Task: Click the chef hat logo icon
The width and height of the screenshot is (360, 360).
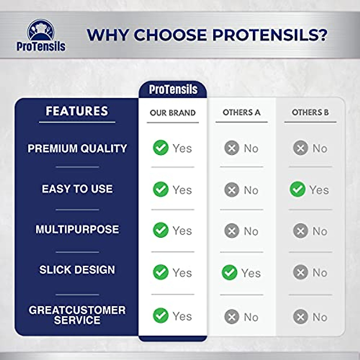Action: (x=41, y=30)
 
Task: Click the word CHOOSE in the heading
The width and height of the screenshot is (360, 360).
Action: (x=170, y=34)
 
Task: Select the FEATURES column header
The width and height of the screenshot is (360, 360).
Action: (x=77, y=111)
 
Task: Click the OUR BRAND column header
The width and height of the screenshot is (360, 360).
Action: (x=172, y=113)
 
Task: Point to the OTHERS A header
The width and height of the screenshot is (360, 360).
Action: (x=241, y=112)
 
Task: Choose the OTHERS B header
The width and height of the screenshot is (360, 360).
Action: (x=310, y=112)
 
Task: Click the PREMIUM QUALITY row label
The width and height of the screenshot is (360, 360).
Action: (x=77, y=148)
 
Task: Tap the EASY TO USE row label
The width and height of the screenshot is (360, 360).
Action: (x=77, y=189)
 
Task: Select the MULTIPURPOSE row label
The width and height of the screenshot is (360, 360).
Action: (x=77, y=229)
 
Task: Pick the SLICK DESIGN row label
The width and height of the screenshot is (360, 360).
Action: (x=77, y=270)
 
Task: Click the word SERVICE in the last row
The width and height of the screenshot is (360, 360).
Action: (x=77, y=320)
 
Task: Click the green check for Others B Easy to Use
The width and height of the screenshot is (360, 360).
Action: (x=298, y=189)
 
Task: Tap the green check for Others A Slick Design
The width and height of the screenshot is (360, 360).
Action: (x=229, y=272)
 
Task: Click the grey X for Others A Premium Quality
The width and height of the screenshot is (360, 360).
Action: (x=232, y=148)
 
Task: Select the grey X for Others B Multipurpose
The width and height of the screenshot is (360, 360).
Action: (x=301, y=231)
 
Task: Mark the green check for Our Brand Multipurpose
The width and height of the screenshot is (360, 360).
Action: (x=161, y=230)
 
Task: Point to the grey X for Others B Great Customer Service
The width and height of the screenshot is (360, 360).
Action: (x=301, y=316)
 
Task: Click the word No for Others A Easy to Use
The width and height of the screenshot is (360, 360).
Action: (x=251, y=190)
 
